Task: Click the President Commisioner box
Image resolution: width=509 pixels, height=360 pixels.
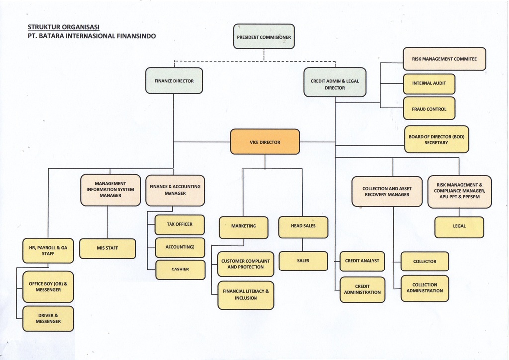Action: point(264,37)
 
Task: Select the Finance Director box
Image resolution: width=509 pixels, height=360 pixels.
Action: point(174,81)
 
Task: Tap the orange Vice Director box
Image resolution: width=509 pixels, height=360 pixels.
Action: point(265,142)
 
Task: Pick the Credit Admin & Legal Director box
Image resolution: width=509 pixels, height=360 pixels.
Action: point(335,83)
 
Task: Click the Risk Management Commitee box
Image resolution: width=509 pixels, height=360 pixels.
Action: point(444,59)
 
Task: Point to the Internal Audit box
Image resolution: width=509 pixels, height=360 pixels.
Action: point(429,84)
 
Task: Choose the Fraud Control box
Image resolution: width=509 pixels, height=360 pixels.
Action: point(429,109)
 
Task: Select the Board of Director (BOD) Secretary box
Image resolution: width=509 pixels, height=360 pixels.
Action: point(436,139)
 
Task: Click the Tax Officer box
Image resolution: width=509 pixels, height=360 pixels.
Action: point(179,224)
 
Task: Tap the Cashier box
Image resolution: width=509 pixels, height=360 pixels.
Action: point(180,270)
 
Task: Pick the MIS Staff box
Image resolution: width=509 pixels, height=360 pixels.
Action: point(107,248)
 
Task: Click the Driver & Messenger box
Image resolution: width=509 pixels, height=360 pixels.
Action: point(48,319)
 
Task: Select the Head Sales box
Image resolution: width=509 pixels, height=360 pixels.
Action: point(303,226)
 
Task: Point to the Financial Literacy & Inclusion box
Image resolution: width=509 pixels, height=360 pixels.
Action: point(246,295)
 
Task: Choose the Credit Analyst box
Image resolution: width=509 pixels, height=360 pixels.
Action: point(362,261)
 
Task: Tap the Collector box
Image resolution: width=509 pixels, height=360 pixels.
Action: point(424,261)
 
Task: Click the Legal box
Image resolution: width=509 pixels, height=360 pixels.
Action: point(459,227)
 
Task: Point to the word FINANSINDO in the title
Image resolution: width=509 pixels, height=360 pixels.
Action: point(136,36)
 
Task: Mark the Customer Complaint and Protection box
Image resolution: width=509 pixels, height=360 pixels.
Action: point(246,264)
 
